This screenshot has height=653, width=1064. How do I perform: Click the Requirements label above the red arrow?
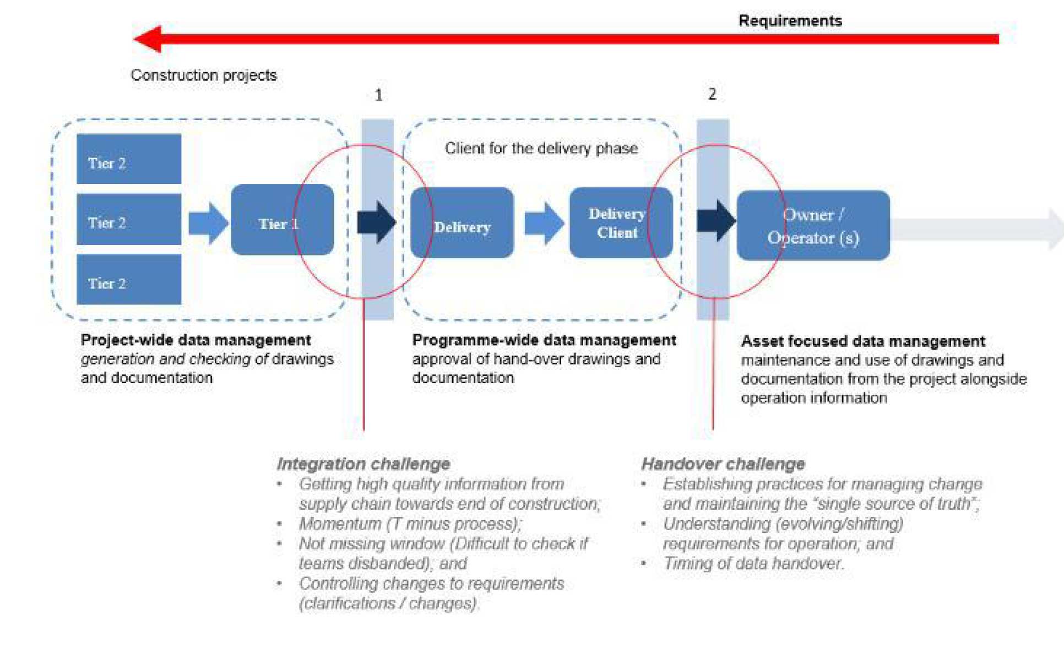click(790, 21)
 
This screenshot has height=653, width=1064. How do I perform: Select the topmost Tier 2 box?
click(128, 159)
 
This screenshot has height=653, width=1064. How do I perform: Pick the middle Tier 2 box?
click(128, 219)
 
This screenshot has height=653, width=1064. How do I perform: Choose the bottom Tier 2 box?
click(128, 279)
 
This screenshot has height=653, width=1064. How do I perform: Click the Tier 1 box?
click(281, 220)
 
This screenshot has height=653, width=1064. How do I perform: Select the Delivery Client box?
click(620, 223)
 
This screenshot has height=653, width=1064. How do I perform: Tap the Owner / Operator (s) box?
click(813, 226)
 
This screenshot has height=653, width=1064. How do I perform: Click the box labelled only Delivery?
click(462, 223)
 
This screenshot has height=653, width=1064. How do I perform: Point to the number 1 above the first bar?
click(378, 95)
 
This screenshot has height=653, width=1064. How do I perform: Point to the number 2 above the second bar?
click(712, 94)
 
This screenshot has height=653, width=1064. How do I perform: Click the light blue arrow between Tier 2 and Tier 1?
click(208, 223)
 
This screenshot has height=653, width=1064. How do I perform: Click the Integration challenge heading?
click(363, 464)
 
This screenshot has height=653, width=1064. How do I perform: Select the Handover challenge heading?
click(723, 464)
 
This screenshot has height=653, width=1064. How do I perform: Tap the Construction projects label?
click(203, 75)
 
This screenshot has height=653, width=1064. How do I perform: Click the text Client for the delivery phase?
click(541, 148)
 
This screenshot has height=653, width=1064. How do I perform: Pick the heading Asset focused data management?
click(862, 341)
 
